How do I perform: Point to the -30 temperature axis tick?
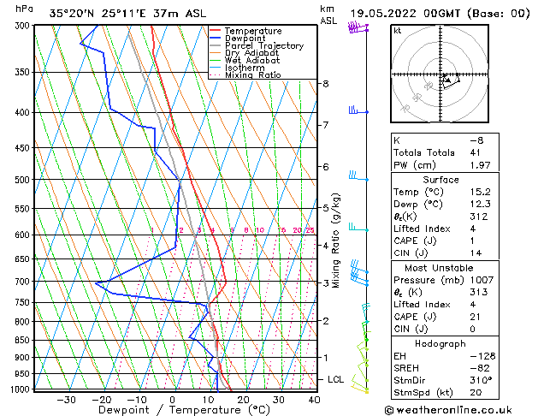(x=66, y=399)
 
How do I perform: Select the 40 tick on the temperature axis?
(x=314, y=399)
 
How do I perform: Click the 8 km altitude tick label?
(x=326, y=84)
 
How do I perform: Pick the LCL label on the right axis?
(x=336, y=379)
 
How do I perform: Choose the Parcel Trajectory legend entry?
(x=263, y=46)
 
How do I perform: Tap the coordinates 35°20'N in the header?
(x=72, y=13)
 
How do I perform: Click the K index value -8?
(x=476, y=140)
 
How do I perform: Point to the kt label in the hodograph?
(x=398, y=30)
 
